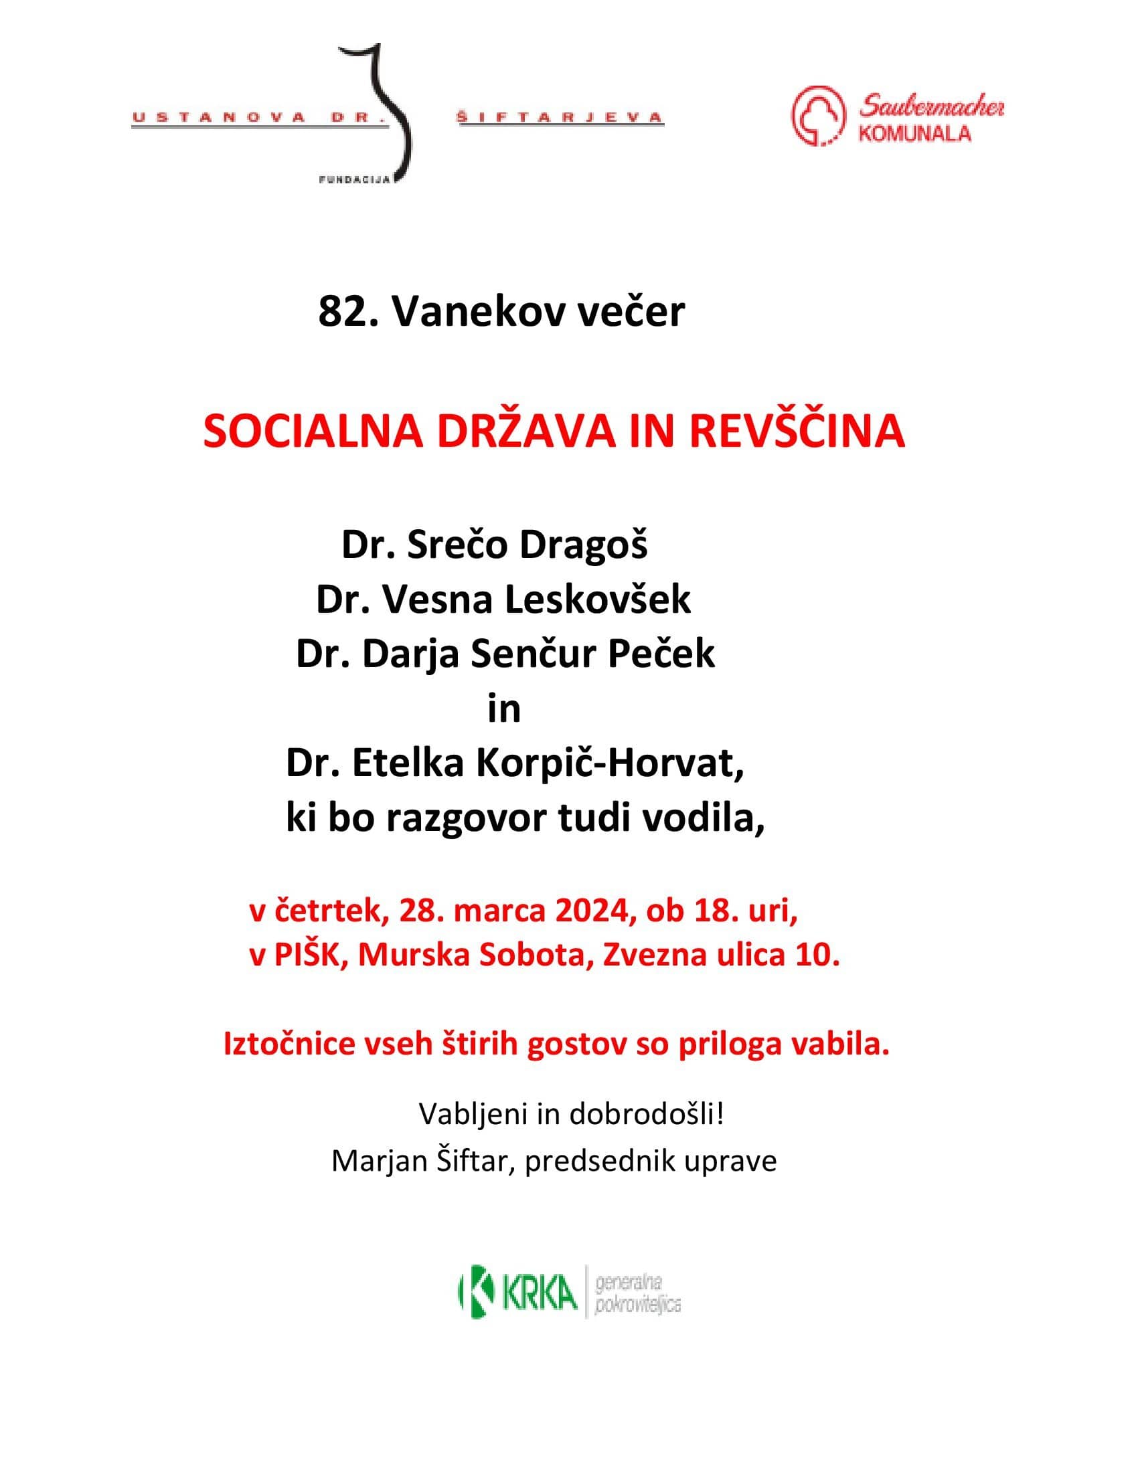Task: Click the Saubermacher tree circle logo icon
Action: pos(817,116)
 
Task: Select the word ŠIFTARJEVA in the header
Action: pos(560,117)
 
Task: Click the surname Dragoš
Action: pos(583,545)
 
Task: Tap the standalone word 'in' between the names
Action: pos(504,709)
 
